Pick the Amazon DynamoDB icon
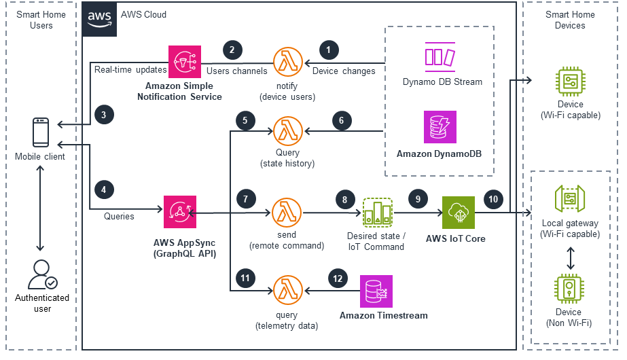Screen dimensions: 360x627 coord(440,127)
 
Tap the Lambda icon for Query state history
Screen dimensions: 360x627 coord(287,129)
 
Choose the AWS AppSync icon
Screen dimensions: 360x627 coord(179,213)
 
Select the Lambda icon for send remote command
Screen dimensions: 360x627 coord(287,213)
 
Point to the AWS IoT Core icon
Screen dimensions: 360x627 coord(459,213)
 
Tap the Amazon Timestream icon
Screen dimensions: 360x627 coord(376,292)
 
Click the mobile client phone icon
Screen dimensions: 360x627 coord(41,132)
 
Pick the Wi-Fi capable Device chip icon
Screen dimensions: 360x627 coord(570,82)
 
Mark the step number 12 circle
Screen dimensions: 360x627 coord(337,277)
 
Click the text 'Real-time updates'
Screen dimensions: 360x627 coord(130,70)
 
